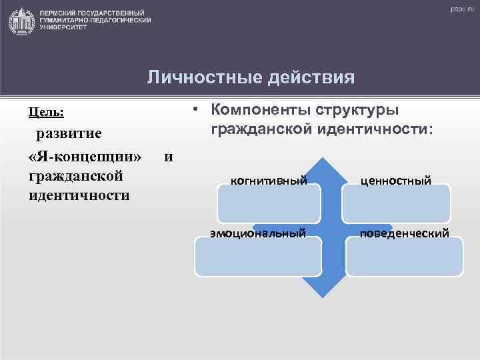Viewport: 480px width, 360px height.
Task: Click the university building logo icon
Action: [x=22, y=21]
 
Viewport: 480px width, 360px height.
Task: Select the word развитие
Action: [x=69, y=133]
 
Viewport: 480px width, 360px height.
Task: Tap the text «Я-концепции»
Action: [x=85, y=157]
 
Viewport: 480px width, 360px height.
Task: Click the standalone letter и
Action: [x=168, y=157]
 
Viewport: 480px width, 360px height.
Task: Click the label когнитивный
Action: [x=269, y=180]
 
